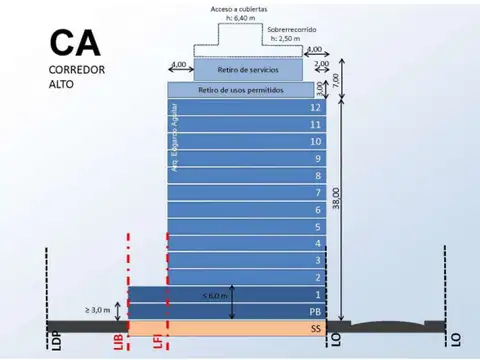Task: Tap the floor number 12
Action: click(x=316, y=108)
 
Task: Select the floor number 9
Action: click(x=317, y=159)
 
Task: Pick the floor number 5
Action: click(x=317, y=227)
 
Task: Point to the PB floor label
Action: click(x=315, y=311)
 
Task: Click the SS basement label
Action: click(x=316, y=328)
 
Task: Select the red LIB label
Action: click(x=118, y=341)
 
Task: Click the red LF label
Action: click(x=158, y=341)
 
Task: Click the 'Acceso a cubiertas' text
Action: click(x=238, y=9)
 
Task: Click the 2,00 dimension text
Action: click(x=321, y=64)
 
